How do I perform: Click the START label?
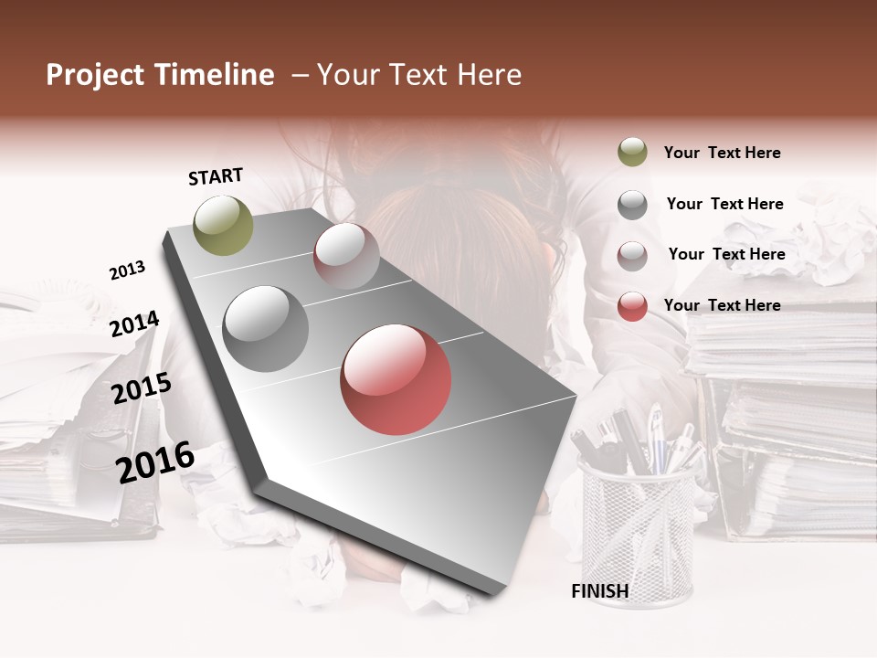(x=216, y=176)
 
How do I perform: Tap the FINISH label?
(x=600, y=591)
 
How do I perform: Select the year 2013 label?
(x=127, y=271)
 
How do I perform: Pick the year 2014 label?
(x=134, y=324)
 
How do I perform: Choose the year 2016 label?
(x=155, y=462)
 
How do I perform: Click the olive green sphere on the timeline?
(x=224, y=225)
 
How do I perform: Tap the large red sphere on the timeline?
(x=396, y=379)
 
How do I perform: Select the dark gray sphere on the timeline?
(x=266, y=329)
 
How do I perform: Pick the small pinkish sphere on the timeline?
(x=346, y=256)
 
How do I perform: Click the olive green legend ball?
(x=632, y=152)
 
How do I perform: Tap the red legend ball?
(x=632, y=306)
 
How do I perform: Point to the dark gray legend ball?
(x=632, y=205)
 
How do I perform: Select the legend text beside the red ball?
(x=722, y=305)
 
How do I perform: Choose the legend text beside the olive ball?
(x=722, y=153)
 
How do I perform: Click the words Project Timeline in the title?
(x=160, y=75)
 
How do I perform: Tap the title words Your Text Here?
(x=418, y=75)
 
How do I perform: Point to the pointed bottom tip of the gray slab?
(x=494, y=593)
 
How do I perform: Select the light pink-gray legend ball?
(x=632, y=255)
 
